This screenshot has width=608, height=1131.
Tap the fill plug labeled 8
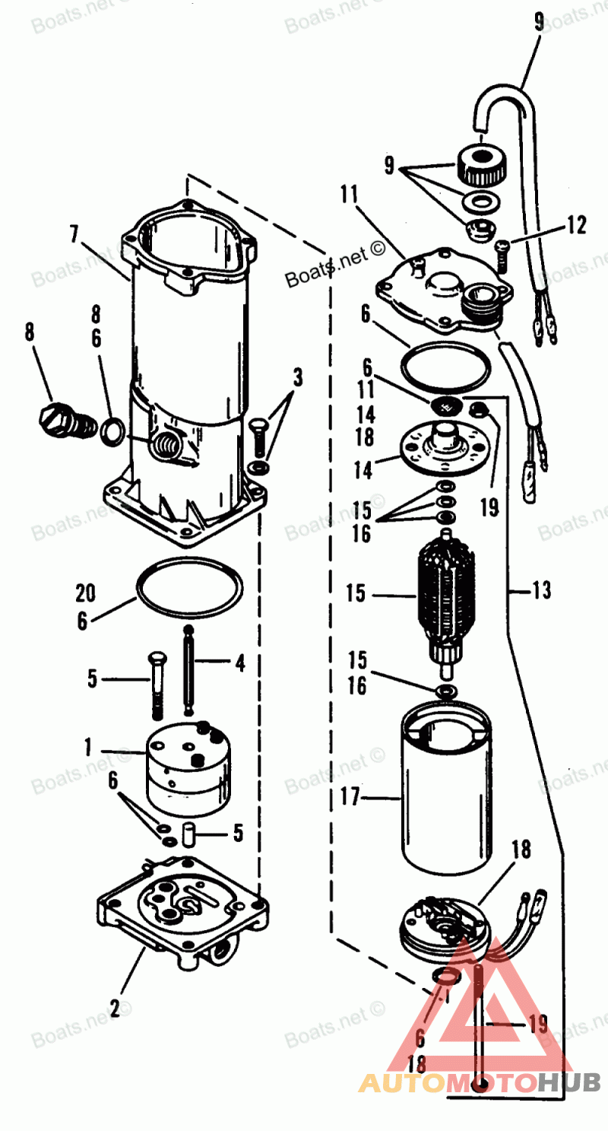click(61, 418)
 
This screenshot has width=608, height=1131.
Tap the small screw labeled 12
click(503, 254)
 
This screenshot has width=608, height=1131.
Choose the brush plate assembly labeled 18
click(440, 923)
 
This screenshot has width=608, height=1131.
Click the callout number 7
click(74, 234)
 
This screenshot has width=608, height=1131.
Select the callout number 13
click(540, 590)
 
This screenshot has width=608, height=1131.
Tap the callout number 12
click(576, 225)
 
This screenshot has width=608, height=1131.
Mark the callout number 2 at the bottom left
click(115, 1009)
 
